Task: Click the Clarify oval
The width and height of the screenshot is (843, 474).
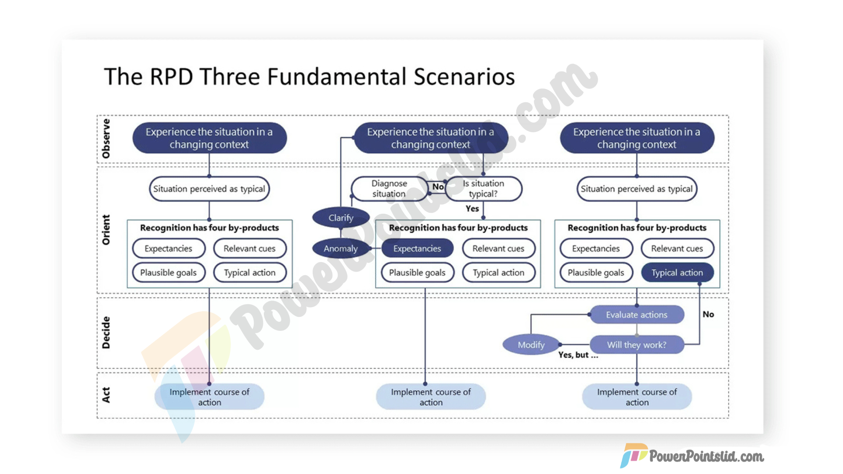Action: pos(341,218)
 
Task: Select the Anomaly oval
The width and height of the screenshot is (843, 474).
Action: pos(341,248)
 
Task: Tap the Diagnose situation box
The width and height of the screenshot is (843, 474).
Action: pos(389,189)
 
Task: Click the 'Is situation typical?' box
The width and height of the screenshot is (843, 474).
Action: pos(483,189)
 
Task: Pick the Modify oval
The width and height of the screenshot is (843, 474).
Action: pos(531,345)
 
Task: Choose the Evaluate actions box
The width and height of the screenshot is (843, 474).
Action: pos(636,315)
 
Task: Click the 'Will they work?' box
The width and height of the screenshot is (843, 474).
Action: pos(636,345)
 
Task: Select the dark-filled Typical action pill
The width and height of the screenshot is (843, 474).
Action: pos(677,273)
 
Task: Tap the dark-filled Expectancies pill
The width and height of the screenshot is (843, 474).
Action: pos(417,248)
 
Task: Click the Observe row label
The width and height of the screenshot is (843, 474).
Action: pos(106,139)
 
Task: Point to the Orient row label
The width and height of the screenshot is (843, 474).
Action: pos(106,230)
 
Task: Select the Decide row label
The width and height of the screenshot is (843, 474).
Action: pos(106,333)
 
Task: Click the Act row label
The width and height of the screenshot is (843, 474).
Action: pos(106,395)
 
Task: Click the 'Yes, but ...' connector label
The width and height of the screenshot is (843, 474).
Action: pos(578,355)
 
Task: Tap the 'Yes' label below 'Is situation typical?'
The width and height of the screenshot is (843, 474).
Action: pos(472,209)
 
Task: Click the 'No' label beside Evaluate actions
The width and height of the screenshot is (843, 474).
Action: pos(708,314)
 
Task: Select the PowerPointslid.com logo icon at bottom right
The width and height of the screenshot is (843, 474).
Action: pos(634,455)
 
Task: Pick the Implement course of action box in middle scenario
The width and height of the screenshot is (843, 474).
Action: pos(431,397)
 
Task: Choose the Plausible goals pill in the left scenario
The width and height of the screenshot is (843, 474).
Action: pos(168,273)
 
